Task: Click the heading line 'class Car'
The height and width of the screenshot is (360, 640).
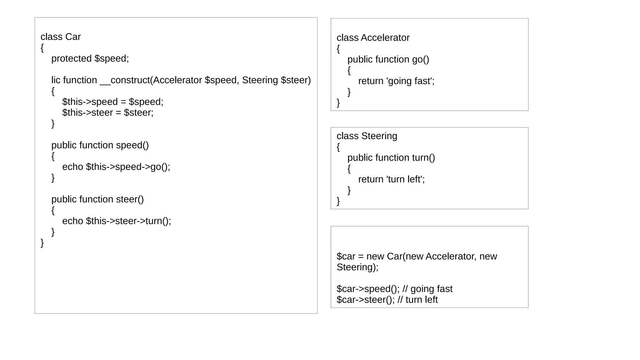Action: (x=61, y=37)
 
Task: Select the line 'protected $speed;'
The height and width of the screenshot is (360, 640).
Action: (x=90, y=58)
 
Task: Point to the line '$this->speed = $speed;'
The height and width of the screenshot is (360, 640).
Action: (x=112, y=102)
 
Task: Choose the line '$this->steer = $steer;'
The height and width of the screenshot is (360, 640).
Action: (x=108, y=112)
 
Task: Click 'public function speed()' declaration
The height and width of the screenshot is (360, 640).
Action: (x=100, y=145)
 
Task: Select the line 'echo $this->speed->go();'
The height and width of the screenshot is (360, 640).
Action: (x=116, y=167)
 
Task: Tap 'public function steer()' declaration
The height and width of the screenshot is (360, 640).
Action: (x=97, y=199)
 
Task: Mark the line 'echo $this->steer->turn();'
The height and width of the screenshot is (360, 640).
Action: (x=117, y=221)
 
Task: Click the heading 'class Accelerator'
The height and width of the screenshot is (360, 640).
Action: (x=373, y=38)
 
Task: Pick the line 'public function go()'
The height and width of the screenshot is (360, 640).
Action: (x=388, y=59)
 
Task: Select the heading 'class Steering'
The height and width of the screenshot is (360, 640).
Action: (x=367, y=136)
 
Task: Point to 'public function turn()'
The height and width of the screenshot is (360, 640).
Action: (x=391, y=158)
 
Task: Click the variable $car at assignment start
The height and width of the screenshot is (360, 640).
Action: (x=346, y=257)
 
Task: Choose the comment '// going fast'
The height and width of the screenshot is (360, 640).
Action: (x=427, y=289)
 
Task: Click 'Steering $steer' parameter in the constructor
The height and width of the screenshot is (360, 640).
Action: (x=276, y=80)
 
